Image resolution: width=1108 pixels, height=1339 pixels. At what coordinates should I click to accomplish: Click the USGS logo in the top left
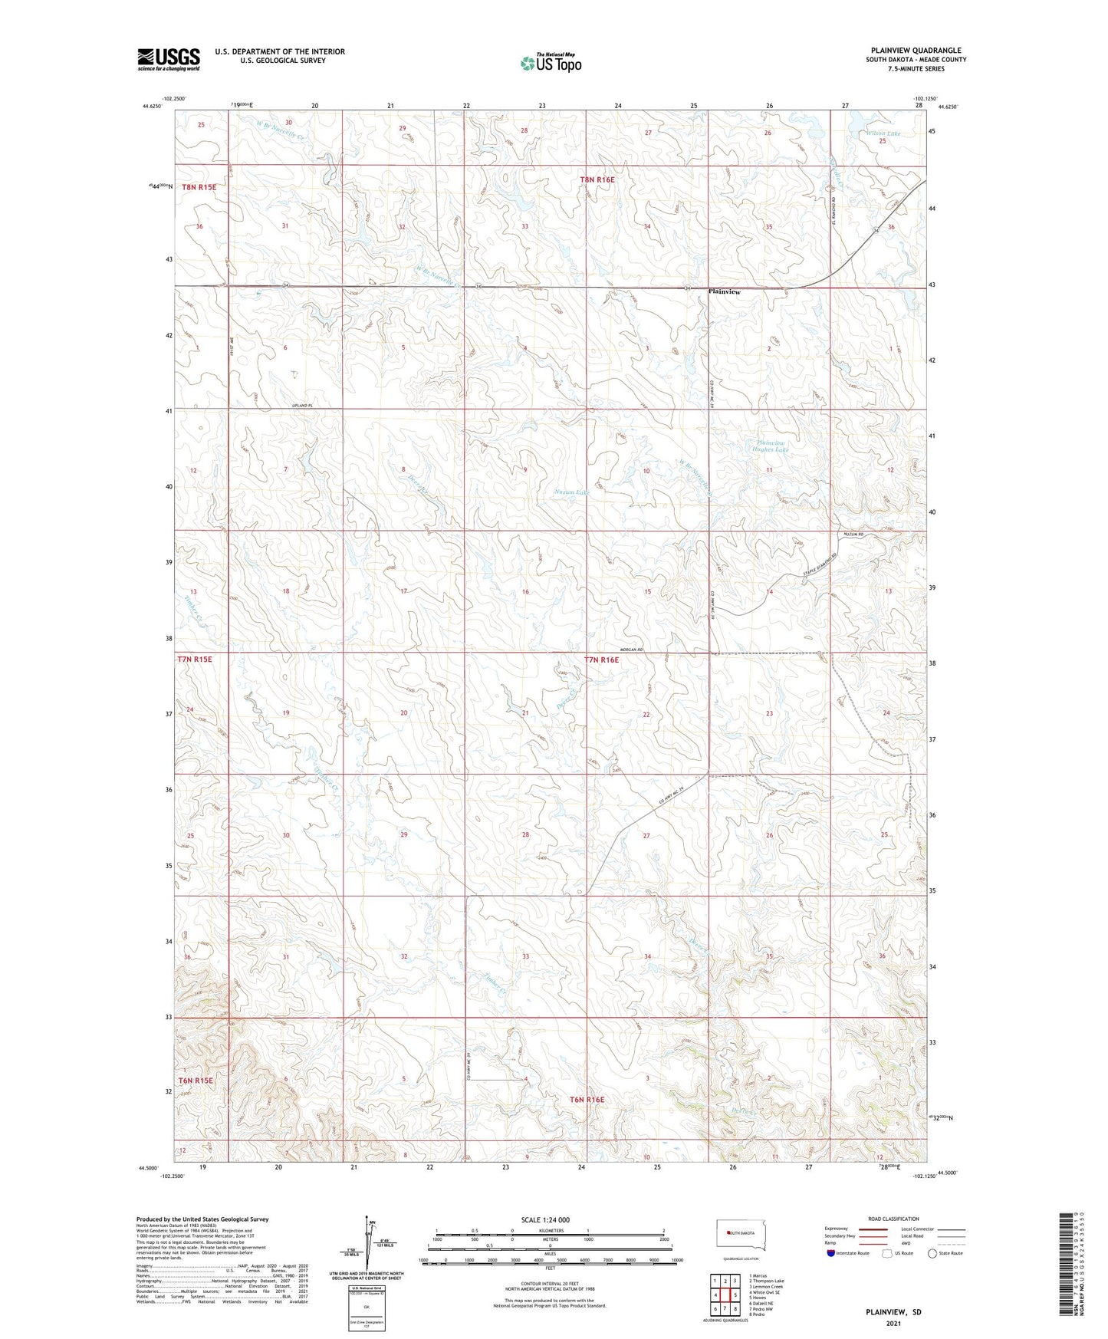click(x=169, y=59)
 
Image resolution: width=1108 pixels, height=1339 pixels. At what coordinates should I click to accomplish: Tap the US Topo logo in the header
click(x=550, y=63)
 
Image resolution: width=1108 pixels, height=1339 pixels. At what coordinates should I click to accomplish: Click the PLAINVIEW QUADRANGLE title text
click(x=915, y=51)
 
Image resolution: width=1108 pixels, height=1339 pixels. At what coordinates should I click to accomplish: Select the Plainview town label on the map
click(x=725, y=292)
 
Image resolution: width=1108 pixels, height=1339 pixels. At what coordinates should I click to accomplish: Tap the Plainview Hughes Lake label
click(x=771, y=446)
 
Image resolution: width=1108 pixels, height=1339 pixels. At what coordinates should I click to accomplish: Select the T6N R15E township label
click(x=195, y=1081)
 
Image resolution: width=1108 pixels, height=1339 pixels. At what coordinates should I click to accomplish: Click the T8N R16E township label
click(x=597, y=179)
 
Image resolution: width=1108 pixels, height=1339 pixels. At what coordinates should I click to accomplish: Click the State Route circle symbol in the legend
click(x=932, y=1253)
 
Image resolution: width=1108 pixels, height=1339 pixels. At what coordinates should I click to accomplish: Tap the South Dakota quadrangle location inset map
click(x=741, y=1234)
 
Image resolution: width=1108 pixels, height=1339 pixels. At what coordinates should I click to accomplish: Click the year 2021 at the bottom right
click(x=893, y=1324)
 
